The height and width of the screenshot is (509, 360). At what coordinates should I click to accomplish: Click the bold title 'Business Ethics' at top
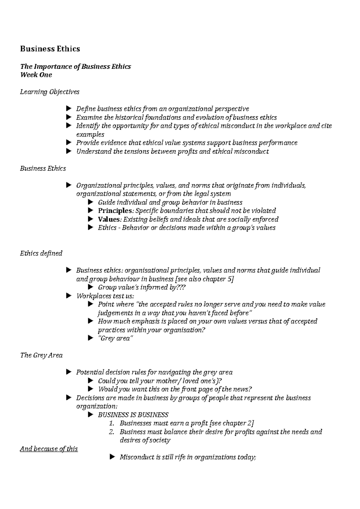50,49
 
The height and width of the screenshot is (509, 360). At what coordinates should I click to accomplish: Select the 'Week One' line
36,75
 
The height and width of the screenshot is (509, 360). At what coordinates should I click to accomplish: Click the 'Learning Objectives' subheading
49,92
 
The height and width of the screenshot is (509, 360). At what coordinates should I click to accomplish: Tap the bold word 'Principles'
115,211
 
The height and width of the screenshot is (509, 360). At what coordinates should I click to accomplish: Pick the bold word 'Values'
109,219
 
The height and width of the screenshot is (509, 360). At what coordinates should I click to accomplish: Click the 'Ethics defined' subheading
41,253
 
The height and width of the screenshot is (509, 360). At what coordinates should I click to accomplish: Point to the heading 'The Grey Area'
41,355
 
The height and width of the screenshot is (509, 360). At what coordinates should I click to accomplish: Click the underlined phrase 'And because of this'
49,449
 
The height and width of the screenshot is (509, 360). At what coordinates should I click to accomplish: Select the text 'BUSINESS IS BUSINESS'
133,415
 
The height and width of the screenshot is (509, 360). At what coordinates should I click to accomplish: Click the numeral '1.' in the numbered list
112,423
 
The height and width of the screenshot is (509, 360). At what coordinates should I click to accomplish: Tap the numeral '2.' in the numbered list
112,432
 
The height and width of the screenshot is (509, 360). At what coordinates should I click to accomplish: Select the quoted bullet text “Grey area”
115,338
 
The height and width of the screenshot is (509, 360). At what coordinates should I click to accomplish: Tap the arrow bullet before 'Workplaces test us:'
68,296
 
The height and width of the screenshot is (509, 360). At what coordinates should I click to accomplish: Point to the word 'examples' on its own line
90,134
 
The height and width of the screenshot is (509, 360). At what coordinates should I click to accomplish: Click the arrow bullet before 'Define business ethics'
68,108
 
